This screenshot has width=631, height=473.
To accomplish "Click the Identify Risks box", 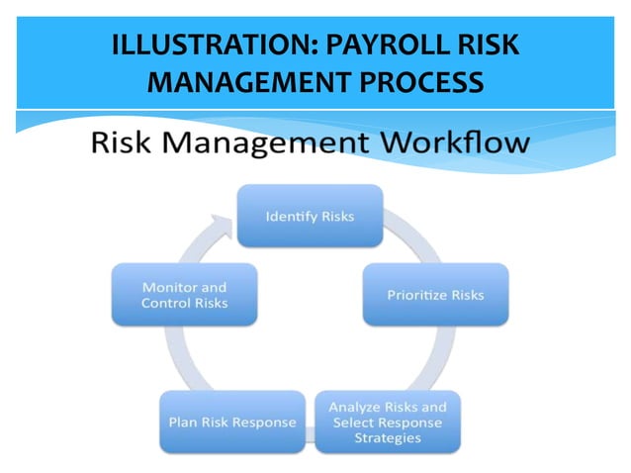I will coord(310,216).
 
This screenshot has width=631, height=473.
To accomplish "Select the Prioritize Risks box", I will coord(434,294).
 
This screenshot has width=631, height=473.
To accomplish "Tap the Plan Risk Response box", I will coord(230,422).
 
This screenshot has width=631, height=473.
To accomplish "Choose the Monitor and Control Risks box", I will coord(185,295).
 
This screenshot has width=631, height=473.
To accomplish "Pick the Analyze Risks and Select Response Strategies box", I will coord(387,423).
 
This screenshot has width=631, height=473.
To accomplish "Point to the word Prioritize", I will coord(416,294).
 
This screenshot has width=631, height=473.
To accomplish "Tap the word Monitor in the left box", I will coord(171,287).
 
